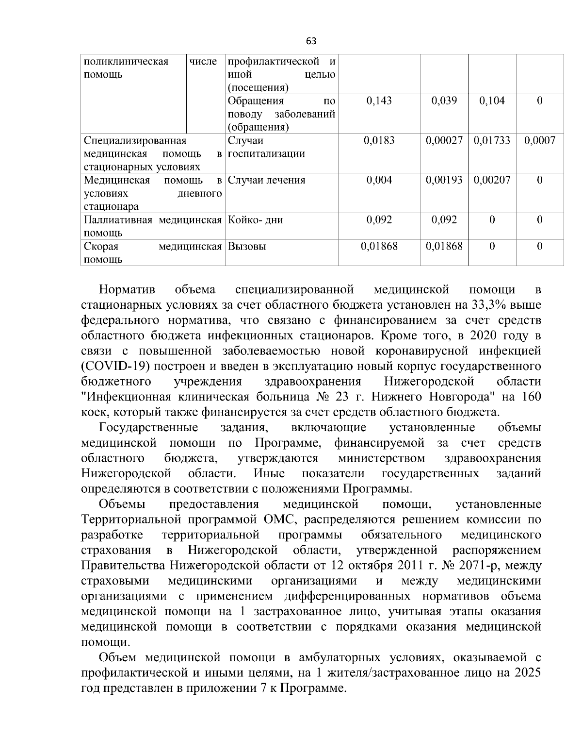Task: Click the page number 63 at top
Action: pos(311,41)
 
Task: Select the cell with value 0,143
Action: pos(379,101)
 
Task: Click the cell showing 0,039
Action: pos(444,101)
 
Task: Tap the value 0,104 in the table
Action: pos(492,101)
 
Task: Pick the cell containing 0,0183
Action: pos(379,141)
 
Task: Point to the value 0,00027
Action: pos(444,141)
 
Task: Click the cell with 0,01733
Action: pos(492,141)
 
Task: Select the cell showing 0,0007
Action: pos(540,141)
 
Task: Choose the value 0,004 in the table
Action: pos(379,180)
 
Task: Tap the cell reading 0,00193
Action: pos(444,180)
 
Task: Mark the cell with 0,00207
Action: pos(492,180)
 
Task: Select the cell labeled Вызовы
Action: pos(247,246)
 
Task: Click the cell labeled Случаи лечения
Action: pos(267,180)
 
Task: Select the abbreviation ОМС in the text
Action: pos(276,520)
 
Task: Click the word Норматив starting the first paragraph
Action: pos(127,290)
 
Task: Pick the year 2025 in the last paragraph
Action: pos(527,673)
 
